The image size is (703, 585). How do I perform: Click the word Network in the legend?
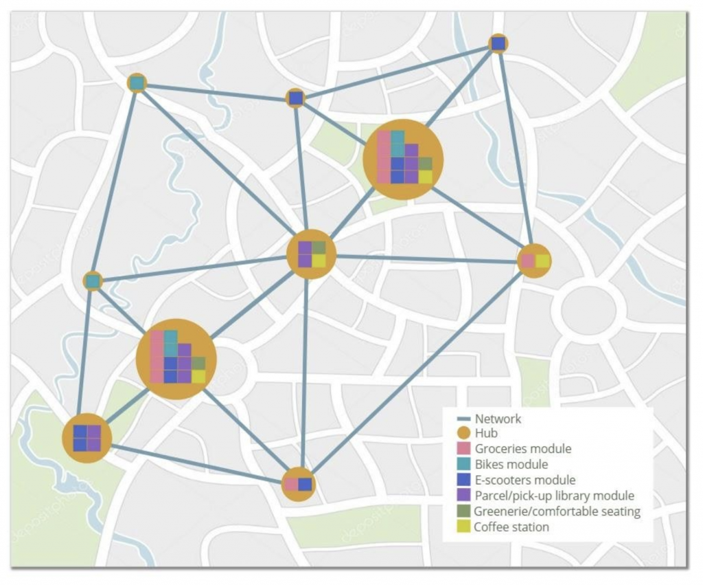click(498, 419)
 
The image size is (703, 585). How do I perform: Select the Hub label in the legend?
click(486, 434)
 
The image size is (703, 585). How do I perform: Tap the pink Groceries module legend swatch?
click(463, 450)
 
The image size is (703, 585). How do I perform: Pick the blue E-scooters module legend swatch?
click(463, 481)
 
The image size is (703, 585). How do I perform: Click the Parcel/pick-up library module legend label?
click(553, 496)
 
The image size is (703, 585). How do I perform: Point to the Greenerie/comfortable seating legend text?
click(557, 511)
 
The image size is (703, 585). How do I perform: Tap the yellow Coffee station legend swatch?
click(463, 527)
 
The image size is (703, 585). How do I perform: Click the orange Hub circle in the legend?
click(463, 434)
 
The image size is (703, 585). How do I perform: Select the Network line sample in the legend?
click(463, 419)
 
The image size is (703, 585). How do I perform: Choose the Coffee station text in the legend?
click(511, 527)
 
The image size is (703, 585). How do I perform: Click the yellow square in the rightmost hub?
click(542, 261)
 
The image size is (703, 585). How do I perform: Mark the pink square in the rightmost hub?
click(527, 261)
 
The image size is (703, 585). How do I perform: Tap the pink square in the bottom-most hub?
click(291, 484)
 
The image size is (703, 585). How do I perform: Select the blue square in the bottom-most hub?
click(306, 484)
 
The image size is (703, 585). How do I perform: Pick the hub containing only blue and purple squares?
click(87, 438)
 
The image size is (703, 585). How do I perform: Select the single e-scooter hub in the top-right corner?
click(498, 44)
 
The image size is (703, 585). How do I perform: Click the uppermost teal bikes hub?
click(137, 83)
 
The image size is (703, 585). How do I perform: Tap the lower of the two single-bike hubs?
click(93, 281)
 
